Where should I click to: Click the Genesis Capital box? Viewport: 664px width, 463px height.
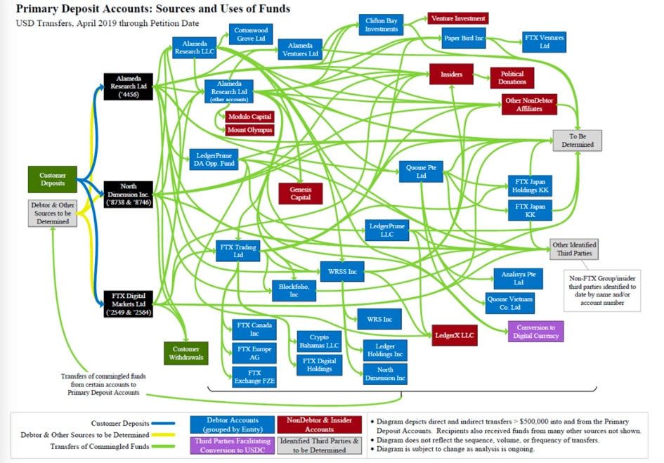pyautogui.click(x=300, y=194)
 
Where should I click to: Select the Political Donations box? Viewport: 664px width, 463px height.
pyautogui.click(x=512, y=78)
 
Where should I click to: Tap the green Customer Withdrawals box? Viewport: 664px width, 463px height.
pyautogui.click(x=186, y=353)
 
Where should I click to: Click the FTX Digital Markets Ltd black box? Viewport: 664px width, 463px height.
pyautogui.click(x=129, y=304)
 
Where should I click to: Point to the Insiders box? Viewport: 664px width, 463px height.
pyautogui.click(x=451, y=74)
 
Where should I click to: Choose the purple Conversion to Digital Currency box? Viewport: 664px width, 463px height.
pyautogui.click(x=535, y=331)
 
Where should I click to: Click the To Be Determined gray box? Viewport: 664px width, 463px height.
pyautogui.click(x=577, y=141)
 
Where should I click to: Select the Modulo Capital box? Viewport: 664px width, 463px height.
pyautogui.click(x=249, y=117)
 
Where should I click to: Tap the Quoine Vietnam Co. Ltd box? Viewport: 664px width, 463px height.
pyautogui.click(x=510, y=304)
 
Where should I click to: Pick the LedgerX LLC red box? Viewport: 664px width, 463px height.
pyautogui.click(x=455, y=335)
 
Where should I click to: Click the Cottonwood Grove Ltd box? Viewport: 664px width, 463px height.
pyautogui.click(x=251, y=34)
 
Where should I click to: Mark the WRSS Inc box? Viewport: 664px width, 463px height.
pyautogui.click(x=342, y=271)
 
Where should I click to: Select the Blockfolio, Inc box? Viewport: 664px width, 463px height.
pyautogui.click(x=294, y=291)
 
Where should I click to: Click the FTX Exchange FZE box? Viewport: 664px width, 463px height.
pyautogui.click(x=254, y=377)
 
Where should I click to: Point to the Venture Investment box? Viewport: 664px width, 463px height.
pyautogui.click(x=458, y=19)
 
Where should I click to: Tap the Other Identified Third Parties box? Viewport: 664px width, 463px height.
pyautogui.click(x=574, y=249)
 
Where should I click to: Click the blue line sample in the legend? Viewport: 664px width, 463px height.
pyautogui.click(x=164, y=423)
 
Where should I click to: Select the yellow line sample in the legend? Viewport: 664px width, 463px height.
pyautogui.click(x=164, y=435)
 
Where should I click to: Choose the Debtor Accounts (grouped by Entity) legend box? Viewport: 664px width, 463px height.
pyautogui.click(x=232, y=424)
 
